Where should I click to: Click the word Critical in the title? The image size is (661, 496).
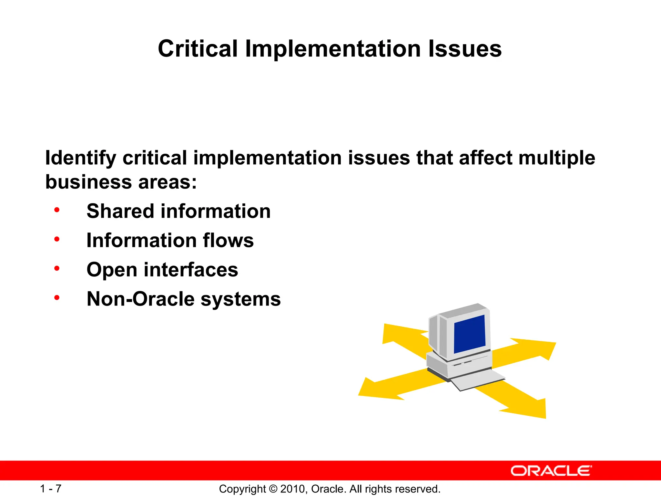198,49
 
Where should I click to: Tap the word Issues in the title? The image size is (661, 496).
465,49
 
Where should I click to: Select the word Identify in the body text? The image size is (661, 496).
80,158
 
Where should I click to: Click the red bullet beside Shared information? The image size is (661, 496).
57,210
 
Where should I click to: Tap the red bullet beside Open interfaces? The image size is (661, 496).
57,268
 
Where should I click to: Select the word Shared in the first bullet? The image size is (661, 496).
120,211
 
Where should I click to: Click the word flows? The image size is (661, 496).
228,241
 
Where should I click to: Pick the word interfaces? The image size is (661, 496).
191,270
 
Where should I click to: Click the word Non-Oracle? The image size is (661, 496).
140,299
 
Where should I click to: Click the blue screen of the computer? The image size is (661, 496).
470,335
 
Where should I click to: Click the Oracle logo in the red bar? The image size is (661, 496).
551,471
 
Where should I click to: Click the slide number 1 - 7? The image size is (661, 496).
51,489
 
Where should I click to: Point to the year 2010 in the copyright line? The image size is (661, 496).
292,489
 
